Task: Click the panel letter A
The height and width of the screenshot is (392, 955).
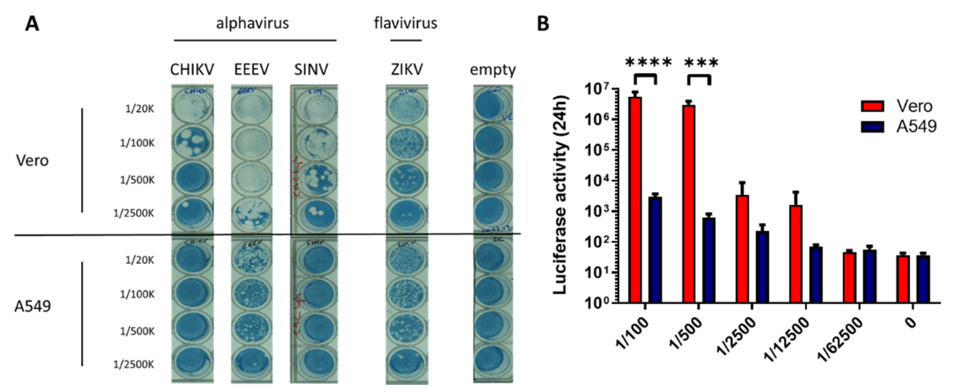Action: tap(32, 24)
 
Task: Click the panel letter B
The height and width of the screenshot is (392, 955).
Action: tap(543, 24)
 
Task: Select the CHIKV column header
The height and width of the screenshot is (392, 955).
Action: tap(192, 70)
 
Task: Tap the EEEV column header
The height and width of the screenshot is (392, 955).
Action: tap(252, 70)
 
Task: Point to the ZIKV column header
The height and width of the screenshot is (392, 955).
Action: tap(407, 70)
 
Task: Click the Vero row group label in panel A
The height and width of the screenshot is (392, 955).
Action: tap(32, 160)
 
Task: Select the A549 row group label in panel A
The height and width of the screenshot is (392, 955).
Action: tap(33, 306)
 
